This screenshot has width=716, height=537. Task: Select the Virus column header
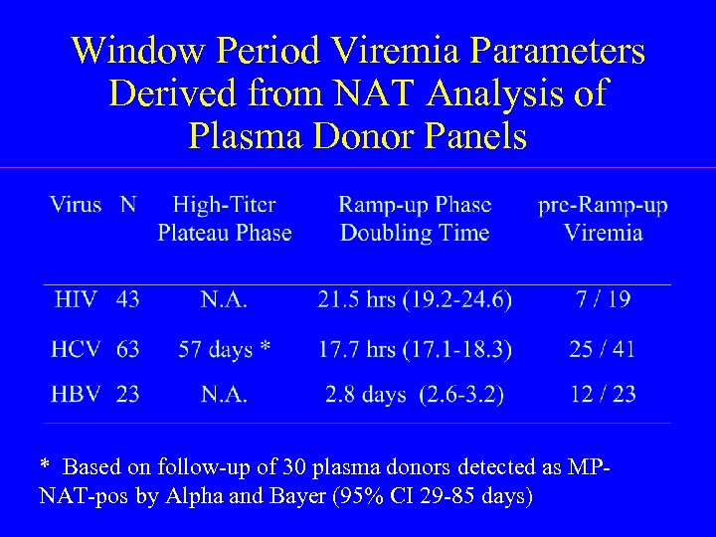(76, 206)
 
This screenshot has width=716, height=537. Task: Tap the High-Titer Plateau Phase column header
(225, 219)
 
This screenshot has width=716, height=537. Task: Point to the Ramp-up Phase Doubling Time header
(415, 219)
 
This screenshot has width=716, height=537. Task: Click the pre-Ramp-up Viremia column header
(603, 219)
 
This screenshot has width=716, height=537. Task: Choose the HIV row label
(78, 298)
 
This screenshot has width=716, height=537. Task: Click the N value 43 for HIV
(127, 298)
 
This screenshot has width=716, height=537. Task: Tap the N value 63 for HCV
(127, 349)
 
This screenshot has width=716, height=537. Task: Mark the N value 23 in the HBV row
(127, 395)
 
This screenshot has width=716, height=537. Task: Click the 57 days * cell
(225, 349)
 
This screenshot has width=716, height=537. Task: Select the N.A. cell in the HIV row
(225, 298)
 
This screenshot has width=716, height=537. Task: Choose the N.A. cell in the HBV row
(225, 395)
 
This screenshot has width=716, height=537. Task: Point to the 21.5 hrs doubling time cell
(415, 298)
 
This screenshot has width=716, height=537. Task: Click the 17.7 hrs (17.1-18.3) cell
(415, 349)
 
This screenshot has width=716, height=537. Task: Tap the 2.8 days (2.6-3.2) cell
(415, 395)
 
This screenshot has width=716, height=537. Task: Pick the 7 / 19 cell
(603, 298)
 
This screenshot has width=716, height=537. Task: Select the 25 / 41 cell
(603, 349)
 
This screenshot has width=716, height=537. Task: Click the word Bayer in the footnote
(321, 495)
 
